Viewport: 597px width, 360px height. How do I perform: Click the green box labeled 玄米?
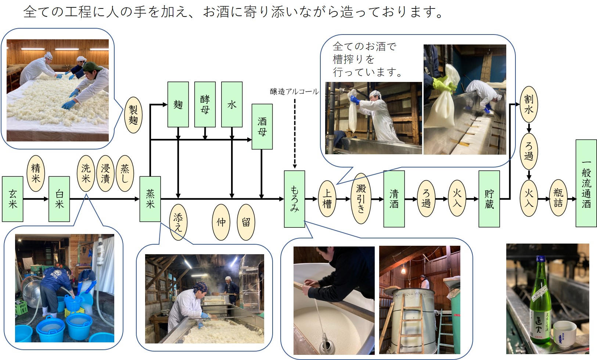[12, 199]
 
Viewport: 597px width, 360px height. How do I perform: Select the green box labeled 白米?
[59, 199]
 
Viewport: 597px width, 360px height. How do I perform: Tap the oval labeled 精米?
[36, 173]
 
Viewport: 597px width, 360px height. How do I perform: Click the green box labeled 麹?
[178, 104]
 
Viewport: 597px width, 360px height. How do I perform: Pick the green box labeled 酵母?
[205, 104]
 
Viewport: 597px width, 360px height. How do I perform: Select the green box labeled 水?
[231, 104]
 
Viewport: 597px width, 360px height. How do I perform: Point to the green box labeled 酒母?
[262, 126]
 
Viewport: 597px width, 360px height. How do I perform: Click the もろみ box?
[294, 199]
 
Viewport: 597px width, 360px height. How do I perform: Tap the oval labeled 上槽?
[327, 199]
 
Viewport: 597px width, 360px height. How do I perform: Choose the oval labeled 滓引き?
[361, 199]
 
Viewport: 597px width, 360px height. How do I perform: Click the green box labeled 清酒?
[394, 199]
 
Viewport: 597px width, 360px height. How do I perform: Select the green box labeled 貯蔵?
[489, 199]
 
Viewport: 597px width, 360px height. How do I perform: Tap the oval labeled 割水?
[529, 104]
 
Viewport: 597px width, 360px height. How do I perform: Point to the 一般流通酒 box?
[586, 183]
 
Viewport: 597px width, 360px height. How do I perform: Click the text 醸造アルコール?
[294, 91]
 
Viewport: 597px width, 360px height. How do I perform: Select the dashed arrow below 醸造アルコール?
[294, 132]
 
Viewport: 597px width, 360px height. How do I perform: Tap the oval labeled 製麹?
[133, 115]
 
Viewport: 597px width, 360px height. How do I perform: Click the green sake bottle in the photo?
[539, 301]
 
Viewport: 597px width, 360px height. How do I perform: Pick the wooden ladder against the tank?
[409, 321]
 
